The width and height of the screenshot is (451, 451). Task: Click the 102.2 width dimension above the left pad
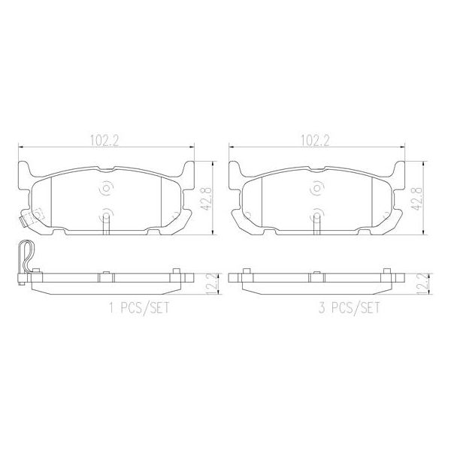pos(104,139)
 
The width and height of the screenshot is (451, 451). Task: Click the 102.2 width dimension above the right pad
pos(316,139)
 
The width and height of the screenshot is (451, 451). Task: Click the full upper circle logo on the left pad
pos(105,188)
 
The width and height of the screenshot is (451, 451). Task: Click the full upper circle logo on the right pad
pos(316,188)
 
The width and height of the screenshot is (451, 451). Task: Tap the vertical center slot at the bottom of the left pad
pos(106,223)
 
